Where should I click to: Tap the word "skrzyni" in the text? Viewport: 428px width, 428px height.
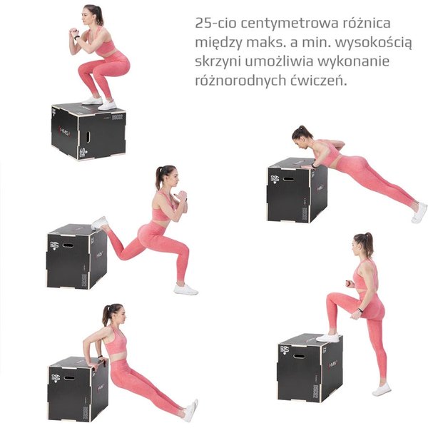click(218, 61)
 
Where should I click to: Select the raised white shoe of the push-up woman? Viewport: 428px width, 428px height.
click(419, 213)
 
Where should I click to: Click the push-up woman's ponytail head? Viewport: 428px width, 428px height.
click(304, 134)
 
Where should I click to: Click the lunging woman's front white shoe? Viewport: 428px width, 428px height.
click(186, 289)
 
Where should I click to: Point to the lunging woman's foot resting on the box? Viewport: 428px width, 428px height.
click(100, 223)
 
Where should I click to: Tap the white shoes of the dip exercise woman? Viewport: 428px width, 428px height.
click(190, 410)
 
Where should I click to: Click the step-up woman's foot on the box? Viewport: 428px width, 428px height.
click(328, 336)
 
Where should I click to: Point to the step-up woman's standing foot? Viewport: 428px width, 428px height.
click(382, 389)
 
